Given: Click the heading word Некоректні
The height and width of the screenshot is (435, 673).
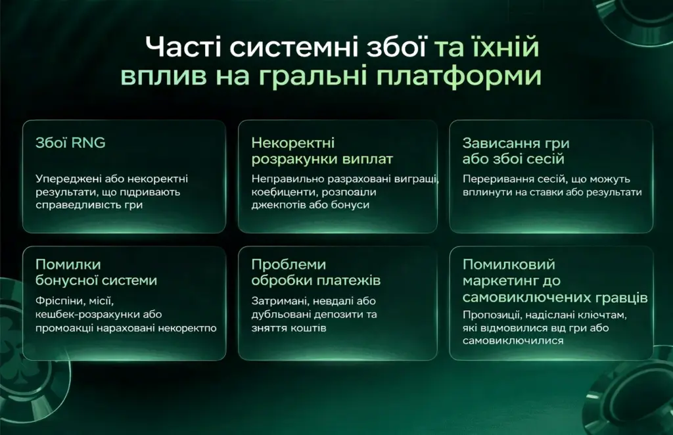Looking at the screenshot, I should (x=293, y=143).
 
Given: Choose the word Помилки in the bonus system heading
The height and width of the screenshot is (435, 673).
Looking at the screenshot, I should (x=68, y=264).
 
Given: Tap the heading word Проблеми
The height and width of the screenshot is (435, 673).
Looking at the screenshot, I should (x=289, y=264).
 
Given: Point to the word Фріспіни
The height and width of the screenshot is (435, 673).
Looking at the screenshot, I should (x=60, y=300).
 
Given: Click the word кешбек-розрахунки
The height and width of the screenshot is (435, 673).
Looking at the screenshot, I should (x=86, y=314).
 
